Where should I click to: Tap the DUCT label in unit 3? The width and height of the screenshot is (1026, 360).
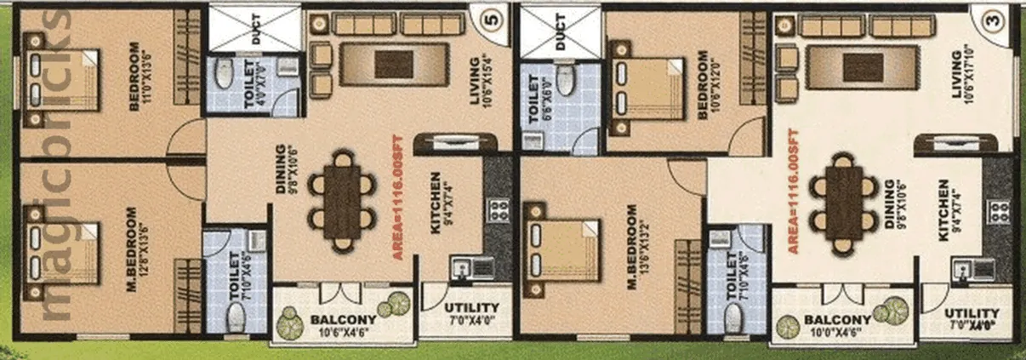[561, 31]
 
